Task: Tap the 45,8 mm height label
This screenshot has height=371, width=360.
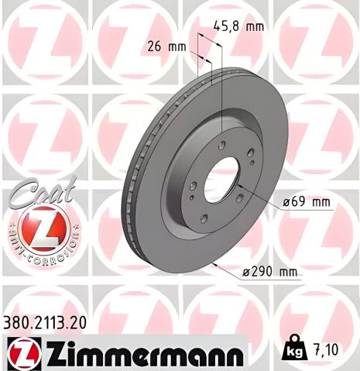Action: click(238, 26)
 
